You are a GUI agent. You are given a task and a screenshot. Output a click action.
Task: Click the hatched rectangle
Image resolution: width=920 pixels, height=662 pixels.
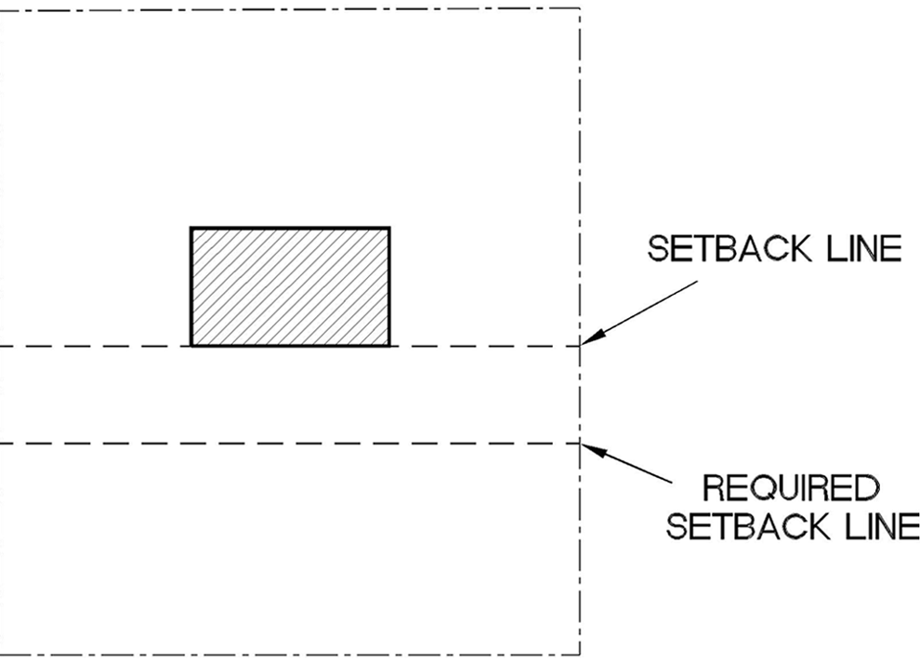click(x=290, y=286)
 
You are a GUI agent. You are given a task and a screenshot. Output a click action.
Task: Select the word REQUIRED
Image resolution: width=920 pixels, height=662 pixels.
click(x=791, y=488)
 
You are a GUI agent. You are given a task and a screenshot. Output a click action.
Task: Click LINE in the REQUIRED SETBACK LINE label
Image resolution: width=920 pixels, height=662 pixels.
click(x=879, y=527)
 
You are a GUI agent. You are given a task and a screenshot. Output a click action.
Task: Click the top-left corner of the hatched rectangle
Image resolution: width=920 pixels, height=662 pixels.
click(x=191, y=228)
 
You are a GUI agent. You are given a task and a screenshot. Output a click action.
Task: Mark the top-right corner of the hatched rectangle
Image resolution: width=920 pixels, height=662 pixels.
click(x=389, y=228)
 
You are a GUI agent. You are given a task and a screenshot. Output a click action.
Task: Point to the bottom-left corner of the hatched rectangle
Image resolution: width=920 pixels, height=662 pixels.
click(x=191, y=345)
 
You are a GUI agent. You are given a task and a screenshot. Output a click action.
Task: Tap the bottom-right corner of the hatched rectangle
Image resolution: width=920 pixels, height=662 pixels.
click(x=389, y=345)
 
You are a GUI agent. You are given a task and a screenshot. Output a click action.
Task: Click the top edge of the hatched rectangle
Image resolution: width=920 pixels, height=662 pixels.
click(x=290, y=228)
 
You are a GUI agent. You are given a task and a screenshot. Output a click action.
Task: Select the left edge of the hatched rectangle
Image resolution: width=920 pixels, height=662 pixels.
click(x=191, y=286)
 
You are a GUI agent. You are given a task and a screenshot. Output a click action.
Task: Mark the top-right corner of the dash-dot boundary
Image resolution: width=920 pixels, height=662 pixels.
click(x=581, y=9)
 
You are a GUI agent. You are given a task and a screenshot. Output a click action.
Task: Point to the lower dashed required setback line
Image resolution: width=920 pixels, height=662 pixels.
click(x=279, y=444)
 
